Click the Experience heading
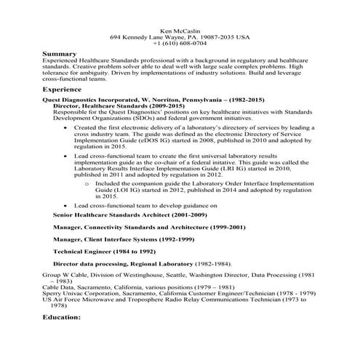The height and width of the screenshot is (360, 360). [x=64, y=89]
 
